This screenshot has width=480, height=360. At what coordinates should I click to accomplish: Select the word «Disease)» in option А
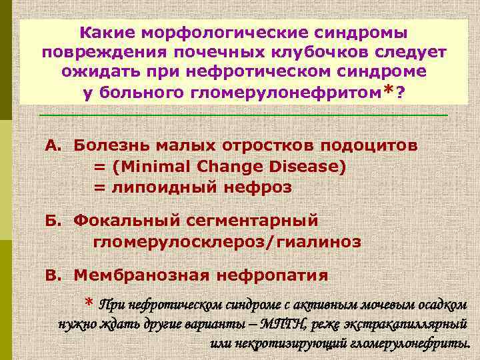[311, 167]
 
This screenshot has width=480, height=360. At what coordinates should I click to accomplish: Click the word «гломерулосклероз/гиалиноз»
[227, 241]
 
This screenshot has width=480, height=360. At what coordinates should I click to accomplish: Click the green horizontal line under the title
[243, 115]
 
